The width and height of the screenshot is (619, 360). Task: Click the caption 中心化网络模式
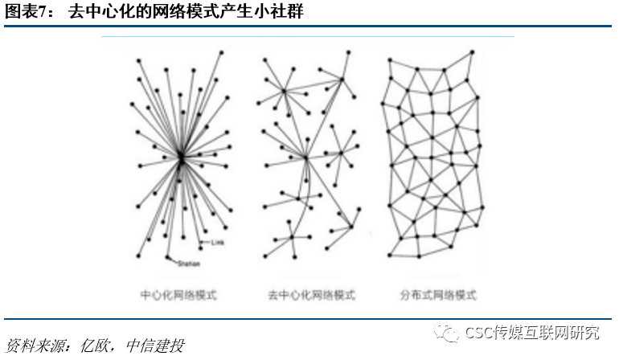point(178,295)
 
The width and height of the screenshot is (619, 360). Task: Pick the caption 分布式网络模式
point(437,295)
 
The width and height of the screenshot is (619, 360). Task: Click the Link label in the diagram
point(216,242)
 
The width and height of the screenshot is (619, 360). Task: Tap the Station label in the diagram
point(188,264)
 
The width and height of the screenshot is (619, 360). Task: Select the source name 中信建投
point(156,346)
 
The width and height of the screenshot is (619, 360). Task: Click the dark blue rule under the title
point(309,27)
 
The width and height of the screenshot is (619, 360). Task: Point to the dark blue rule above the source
point(309,319)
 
